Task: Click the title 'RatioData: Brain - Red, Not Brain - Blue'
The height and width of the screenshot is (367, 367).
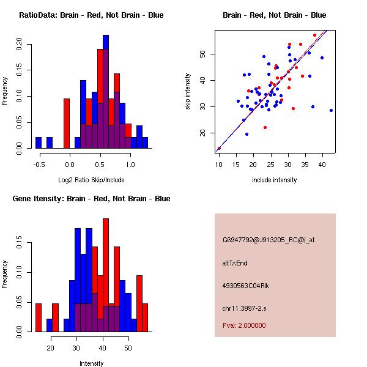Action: coord(91,15)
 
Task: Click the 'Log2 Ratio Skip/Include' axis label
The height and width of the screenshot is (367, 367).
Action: coord(91,180)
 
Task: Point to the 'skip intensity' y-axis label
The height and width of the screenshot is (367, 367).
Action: coord(188,92)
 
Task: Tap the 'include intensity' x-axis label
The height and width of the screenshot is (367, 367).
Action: coord(274,180)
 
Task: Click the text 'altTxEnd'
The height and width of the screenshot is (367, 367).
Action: coord(234,263)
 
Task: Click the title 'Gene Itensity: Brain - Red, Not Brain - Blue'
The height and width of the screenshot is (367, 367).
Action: coord(91,199)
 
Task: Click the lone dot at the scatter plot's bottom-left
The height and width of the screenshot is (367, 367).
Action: coord(219,148)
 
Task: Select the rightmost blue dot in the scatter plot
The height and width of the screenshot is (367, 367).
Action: coord(331,110)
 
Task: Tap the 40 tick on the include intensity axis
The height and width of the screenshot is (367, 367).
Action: coord(322,165)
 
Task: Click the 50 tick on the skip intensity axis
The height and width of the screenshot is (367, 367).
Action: coord(204,54)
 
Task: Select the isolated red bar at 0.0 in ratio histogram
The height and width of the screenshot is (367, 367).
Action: coord(67,123)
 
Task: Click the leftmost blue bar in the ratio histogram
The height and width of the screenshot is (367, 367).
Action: coord(39,143)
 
